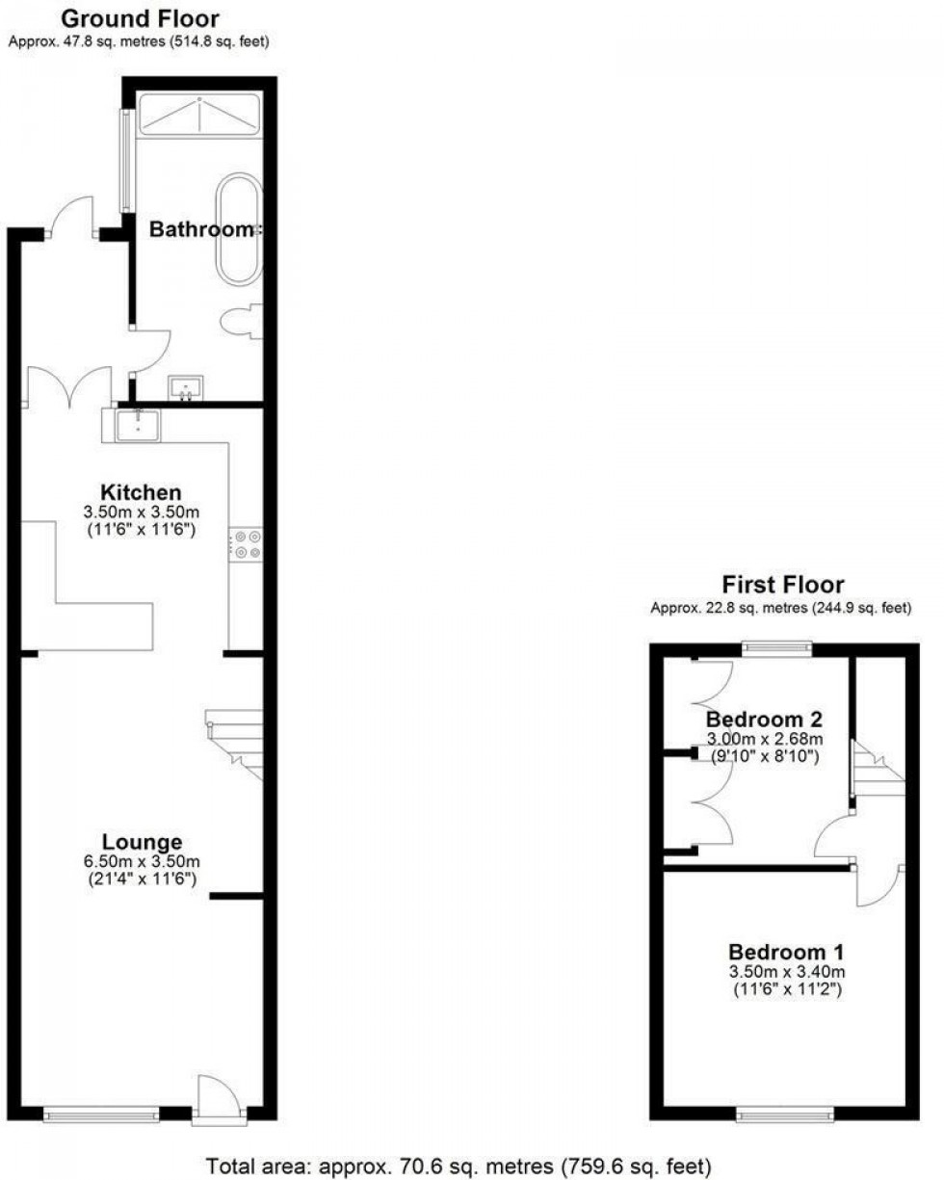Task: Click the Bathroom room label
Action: [205, 230]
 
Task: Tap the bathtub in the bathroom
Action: [237, 228]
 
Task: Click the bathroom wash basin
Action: [185, 387]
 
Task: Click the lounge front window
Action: [101, 1114]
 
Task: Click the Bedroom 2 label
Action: [756, 720]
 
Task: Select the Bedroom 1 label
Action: [782, 948]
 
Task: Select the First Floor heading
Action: [782, 584]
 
